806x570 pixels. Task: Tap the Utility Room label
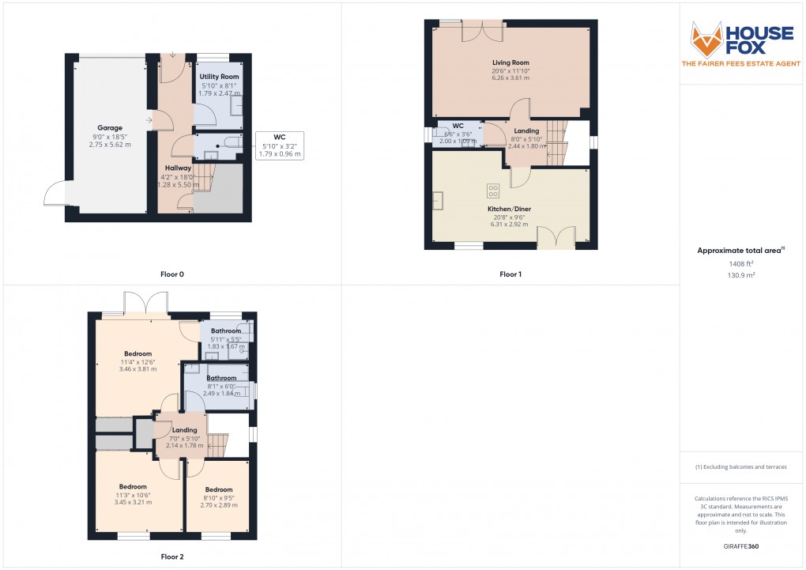pos(219,77)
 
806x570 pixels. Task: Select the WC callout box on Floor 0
pos(280,145)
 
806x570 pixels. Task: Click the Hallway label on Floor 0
pos(179,168)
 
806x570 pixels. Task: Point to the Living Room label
pos(510,62)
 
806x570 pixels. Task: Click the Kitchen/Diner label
pos(510,209)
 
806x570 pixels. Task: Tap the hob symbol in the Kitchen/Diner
pos(494,190)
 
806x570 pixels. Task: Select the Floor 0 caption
pos(171,274)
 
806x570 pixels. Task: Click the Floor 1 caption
pos(510,274)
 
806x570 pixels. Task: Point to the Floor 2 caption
pos(171,557)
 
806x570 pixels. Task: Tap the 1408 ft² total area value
pos(740,264)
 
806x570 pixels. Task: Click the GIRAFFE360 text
pos(741,545)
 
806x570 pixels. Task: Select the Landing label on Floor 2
pos(184,430)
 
